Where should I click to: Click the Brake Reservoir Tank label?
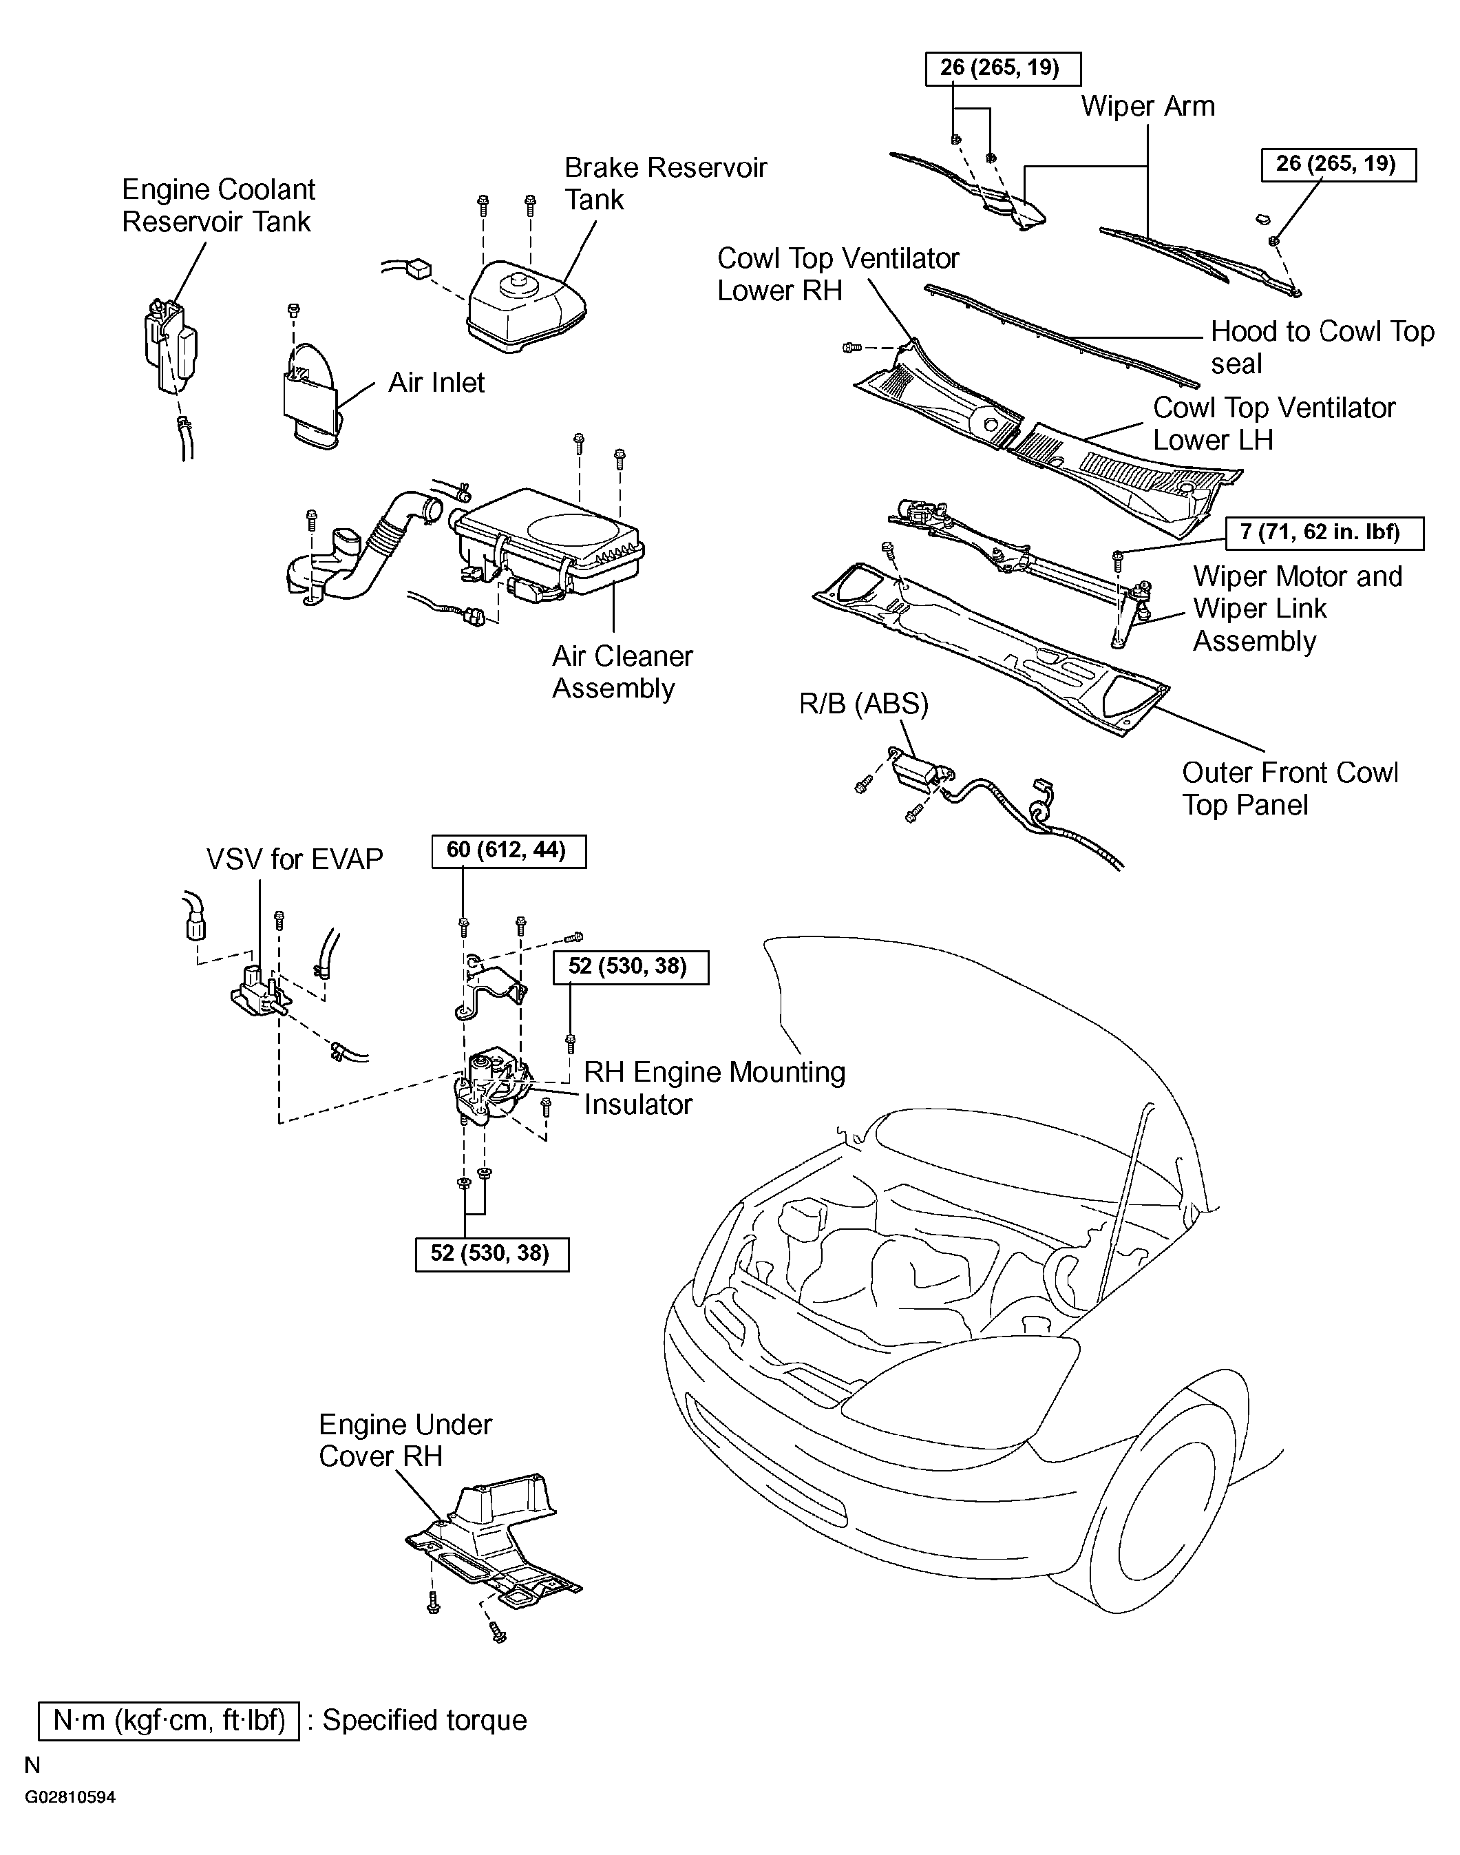coord(665,183)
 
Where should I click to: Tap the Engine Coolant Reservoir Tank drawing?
coord(171,346)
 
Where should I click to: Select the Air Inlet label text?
coord(436,382)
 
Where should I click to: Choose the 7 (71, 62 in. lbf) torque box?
coord(1324,532)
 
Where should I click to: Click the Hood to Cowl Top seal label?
coord(1322,347)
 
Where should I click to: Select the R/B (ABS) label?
coord(863,704)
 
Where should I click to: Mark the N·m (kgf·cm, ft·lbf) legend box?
coord(169,1720)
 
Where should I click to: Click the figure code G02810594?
coord(70,1797)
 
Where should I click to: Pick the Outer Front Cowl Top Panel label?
coord(1289,788)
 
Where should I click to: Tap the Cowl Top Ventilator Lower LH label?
coord(1273,424)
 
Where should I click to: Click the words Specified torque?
coord(424,1720)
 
